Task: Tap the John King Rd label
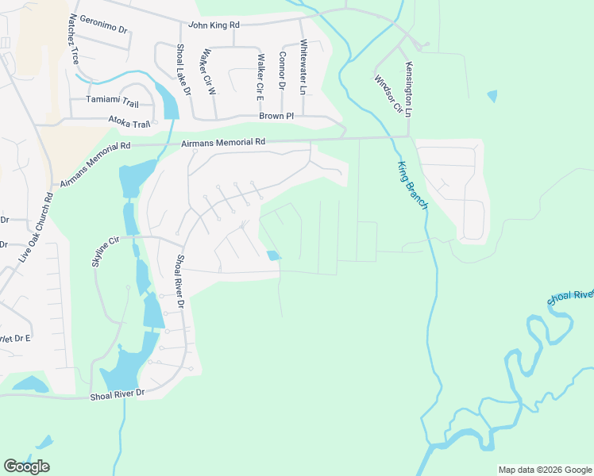pyautogui.click(x=213, y=25)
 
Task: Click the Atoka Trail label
pyautogui.click(x=129, y=124)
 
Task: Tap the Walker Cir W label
pyautogui.click(x=209, y=73)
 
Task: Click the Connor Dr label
pyautogui.click(x=282, y=71)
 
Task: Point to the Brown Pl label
pyautogui.click(x=276, y=116)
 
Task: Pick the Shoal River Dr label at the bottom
pyautogui.click(x=118, y=393)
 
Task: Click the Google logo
pyautogui.click(x=26, y=466)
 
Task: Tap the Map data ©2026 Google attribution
pyautogui.click(x=545, y=470)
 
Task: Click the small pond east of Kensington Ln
pyautogui.click(x=492, y=96)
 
